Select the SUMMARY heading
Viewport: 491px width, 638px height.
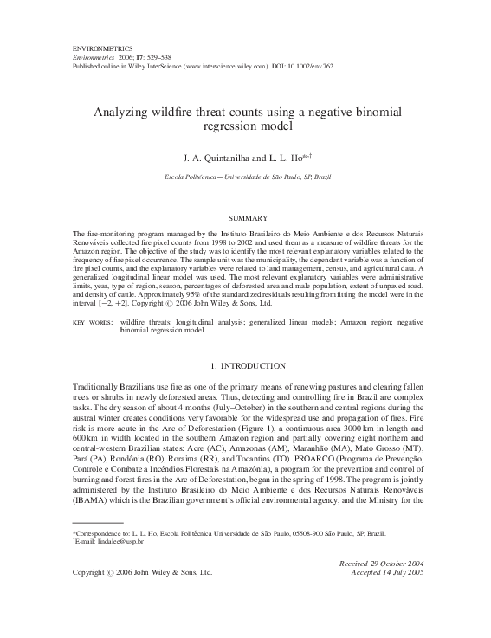tap(245, 218)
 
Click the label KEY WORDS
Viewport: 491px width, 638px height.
tap(89, 322)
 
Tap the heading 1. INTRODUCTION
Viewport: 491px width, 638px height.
tap(246, 367)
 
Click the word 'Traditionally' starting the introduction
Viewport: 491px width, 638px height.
tap(97, 390)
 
